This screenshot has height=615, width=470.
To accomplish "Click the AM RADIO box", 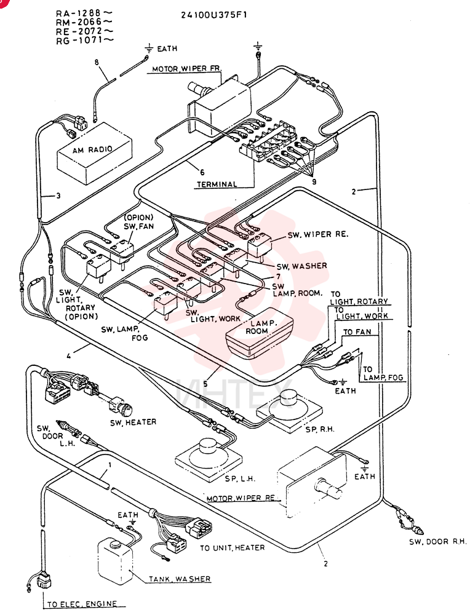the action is pos(95,153).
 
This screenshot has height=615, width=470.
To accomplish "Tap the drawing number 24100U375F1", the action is pos(214,15).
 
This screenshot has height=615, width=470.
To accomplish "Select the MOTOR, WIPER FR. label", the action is pos(187,69).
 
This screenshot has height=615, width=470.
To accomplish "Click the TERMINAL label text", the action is pos(217,184).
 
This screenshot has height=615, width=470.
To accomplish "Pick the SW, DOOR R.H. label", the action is pos(438,542).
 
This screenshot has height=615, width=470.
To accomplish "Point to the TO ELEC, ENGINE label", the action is pos(82,604).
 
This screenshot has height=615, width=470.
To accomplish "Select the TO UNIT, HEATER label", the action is pos(233,547).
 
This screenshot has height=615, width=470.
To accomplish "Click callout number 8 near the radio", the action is pos(97,62).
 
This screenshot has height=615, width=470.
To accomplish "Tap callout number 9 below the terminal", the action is pos(314,181).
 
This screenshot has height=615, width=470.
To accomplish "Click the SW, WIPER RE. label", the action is pos(318,234).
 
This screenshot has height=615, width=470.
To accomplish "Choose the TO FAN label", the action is pos(357,332).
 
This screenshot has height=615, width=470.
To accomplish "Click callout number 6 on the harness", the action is pos(202,172).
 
